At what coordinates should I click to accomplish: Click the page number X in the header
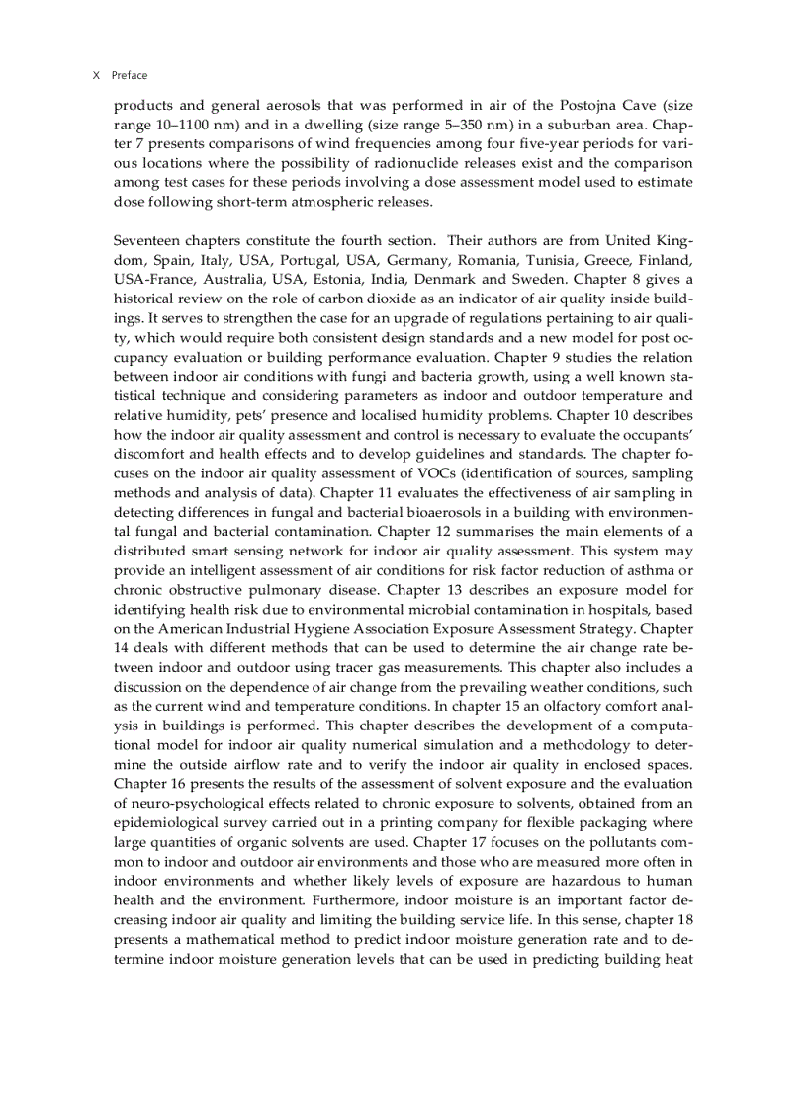coord(96,75)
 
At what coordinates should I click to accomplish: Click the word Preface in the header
coord(130,75)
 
